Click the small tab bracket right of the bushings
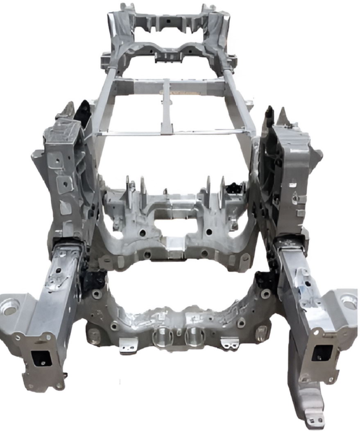coord(229,343)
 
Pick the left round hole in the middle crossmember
coord(142,233)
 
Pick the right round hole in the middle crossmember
coord(209,232)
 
